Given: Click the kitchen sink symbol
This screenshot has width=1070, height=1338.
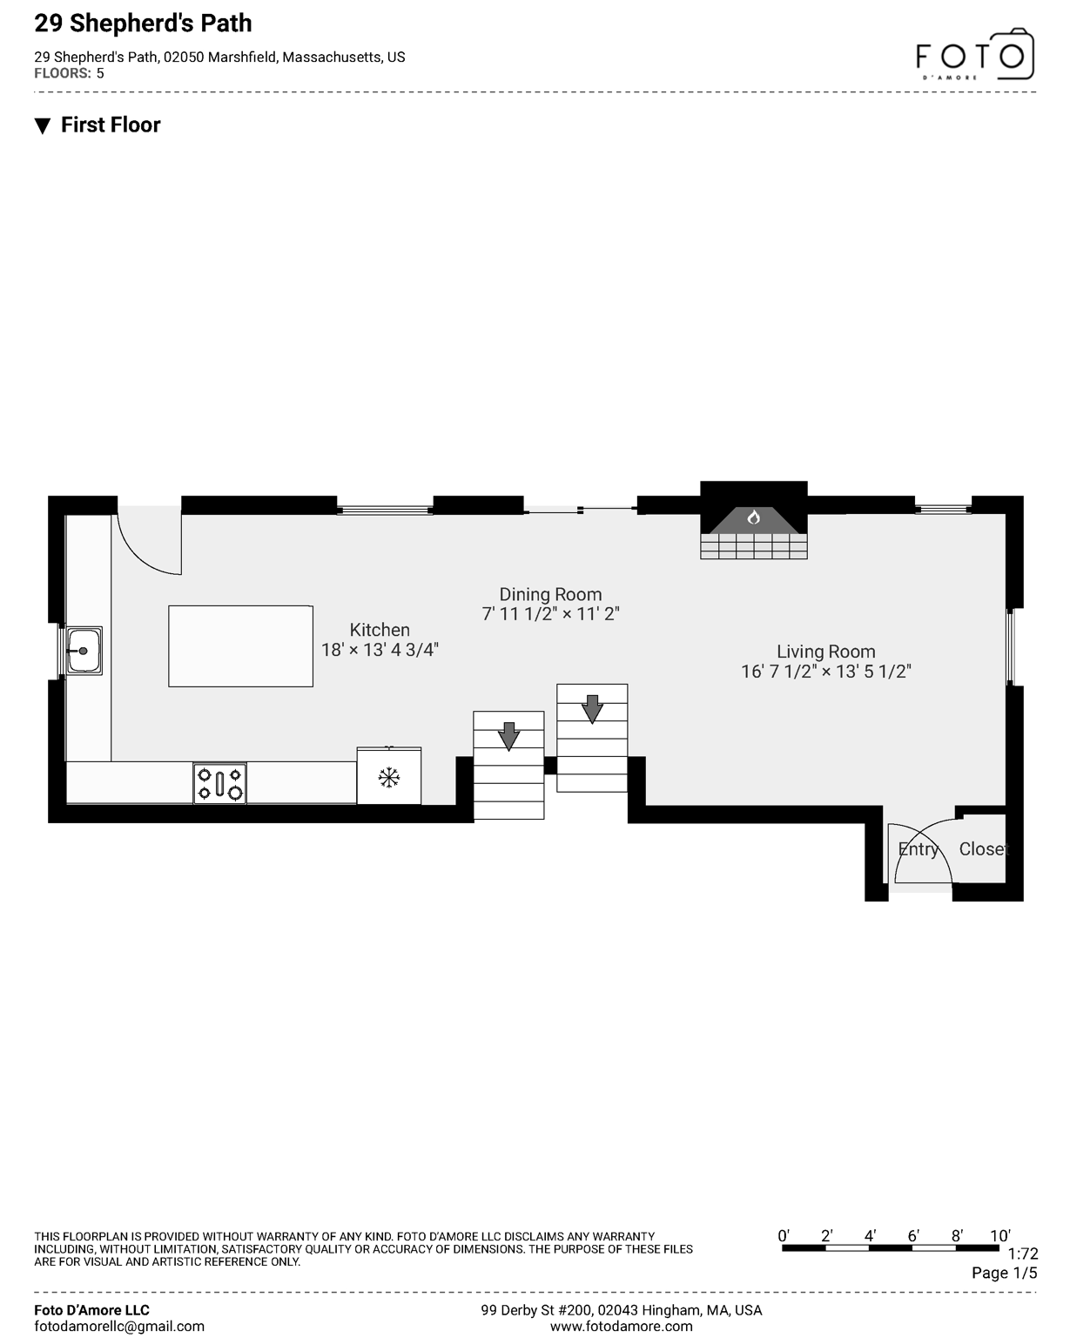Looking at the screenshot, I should (x=84, y=650).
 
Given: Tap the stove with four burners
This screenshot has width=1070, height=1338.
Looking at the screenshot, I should (x=219, y=782).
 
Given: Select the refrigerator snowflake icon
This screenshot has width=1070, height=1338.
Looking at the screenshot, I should (x=388, y=777).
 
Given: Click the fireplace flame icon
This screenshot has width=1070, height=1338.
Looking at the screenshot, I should (x=754, y=517).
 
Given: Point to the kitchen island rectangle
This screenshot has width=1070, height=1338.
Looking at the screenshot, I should (x=240, y=645).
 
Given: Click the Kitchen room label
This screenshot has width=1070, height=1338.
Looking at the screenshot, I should (x=380, y=630).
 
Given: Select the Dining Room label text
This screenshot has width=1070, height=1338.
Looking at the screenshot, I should (x=550, y=594).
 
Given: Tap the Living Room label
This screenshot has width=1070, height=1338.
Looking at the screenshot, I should (x=825, y=652).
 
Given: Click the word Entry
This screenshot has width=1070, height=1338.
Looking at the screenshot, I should (x=919, y=849).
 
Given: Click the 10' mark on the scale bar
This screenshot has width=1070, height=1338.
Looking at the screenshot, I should (x=1000, y=1236).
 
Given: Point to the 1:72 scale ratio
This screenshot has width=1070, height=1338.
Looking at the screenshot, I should (x=1023, y=1254).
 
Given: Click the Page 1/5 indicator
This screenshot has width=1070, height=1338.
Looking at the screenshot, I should (x=1005, y=1273).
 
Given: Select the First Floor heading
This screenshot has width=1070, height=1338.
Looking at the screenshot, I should (x=111, y=125).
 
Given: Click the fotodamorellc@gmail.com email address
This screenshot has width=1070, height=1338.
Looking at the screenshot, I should (x=119, y=1326).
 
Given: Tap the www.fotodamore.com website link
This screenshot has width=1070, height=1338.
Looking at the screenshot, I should (x=621, y=1326).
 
